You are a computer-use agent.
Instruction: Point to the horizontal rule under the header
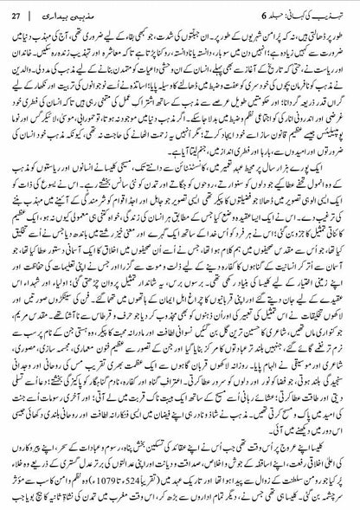tap(180, 23)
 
